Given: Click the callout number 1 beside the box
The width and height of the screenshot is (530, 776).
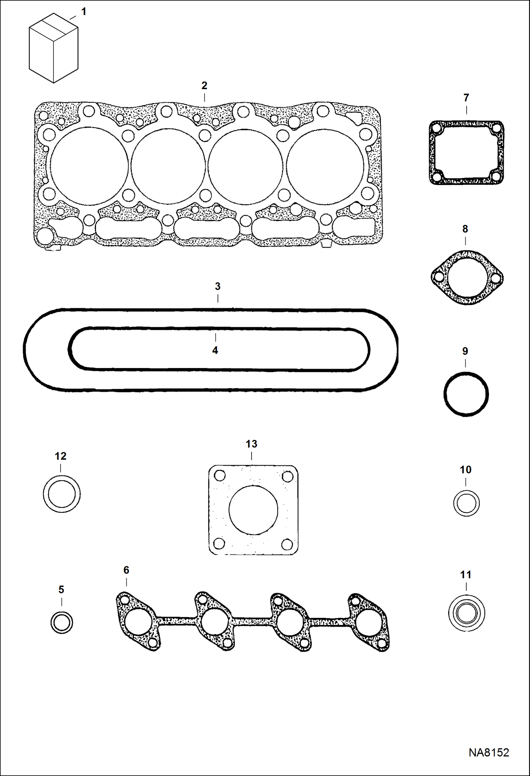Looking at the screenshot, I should tap(83, 12).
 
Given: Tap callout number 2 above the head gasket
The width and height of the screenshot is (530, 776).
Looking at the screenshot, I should tap(204, 85).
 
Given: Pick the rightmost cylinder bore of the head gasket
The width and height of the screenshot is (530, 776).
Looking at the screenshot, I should tap(325, 166).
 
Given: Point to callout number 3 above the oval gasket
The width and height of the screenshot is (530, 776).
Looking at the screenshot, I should tap(218, 286).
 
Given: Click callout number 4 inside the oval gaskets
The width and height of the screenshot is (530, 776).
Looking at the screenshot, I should tap(215, 350).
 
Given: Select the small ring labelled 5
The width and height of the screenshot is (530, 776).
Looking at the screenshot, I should tap(62, 622).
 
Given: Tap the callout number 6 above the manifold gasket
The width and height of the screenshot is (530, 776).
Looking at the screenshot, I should tap(126, 570).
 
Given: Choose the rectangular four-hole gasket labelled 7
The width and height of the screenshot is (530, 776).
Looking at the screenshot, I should tap(466, 153).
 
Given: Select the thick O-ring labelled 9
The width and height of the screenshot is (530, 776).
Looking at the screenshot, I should tap(466, 393).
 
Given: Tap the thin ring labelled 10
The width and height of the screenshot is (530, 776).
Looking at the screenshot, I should tap(466, 503).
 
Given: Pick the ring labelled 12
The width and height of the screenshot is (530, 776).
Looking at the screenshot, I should tap(62, 494).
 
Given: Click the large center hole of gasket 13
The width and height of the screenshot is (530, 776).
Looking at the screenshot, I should tap(253, 510).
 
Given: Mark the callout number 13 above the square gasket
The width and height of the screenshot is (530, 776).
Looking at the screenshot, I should tap(251, 444).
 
